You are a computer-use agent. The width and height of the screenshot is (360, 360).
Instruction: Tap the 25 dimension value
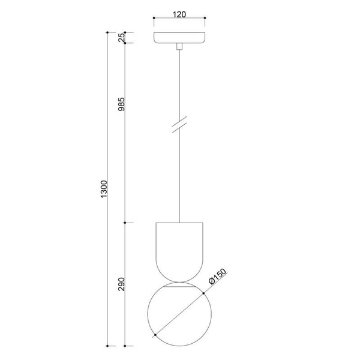pos(121,37)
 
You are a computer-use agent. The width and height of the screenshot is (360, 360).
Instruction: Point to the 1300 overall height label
pos(103,189)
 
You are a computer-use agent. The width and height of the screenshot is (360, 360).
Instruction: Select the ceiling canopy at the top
pos(179,37)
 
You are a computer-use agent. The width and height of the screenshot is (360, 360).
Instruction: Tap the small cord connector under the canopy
pos(179,46)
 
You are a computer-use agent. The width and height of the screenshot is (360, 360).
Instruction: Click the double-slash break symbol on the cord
pos(179,124)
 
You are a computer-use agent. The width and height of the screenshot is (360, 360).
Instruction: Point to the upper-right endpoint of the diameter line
pos(204,291)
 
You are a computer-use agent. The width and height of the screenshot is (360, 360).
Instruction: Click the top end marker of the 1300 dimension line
pos(107,32)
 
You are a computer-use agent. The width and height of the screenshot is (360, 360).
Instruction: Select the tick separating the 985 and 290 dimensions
pos(124,223)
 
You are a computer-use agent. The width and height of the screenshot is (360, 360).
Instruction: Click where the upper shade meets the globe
pos(179,283)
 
